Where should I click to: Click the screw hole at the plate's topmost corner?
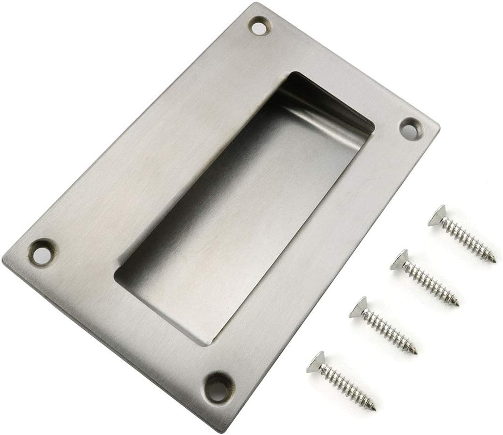pos(259,27)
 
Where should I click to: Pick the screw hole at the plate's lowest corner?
pos(218,388)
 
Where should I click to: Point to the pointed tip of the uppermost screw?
pos(494,261)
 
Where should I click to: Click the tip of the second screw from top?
pos(457,305)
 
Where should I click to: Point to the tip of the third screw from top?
pos(416,353)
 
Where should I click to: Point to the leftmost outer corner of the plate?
pos(3,259)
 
